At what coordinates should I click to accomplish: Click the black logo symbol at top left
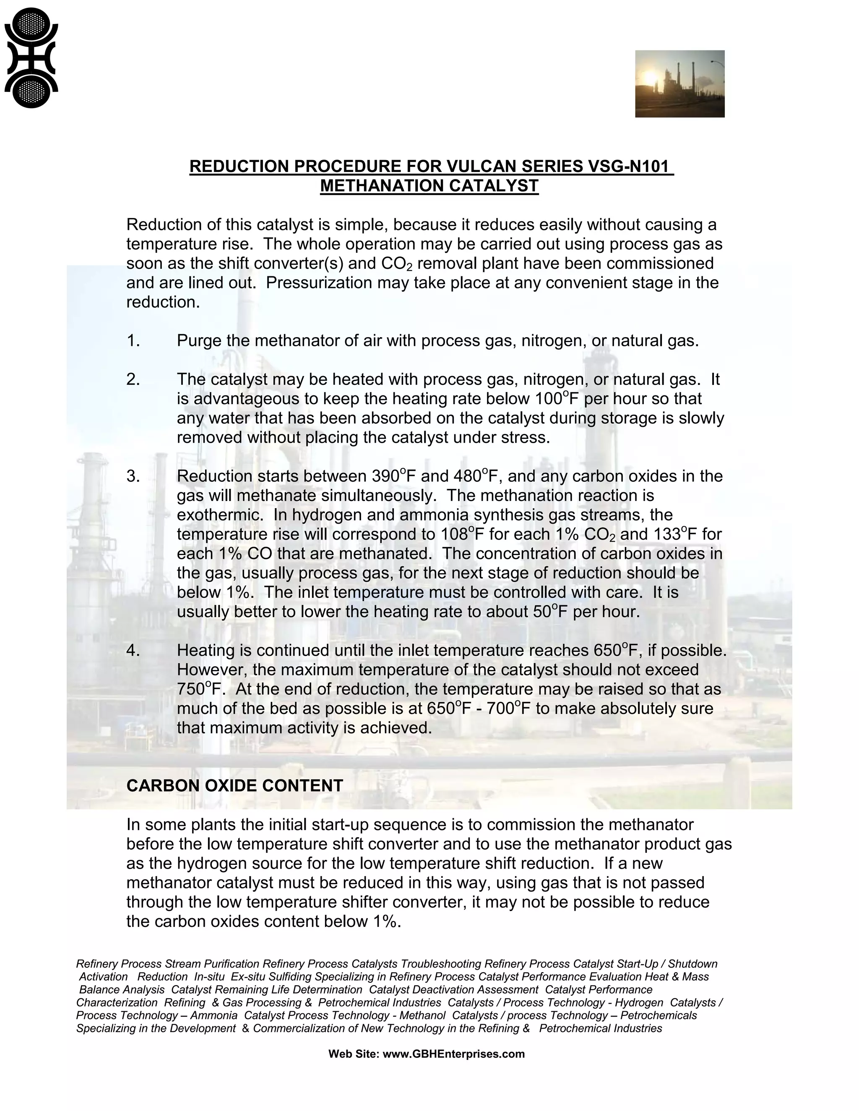(x=31, y=57)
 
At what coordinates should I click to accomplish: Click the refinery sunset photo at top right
(x=679, y=83)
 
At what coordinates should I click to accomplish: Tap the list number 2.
(x=133, y=379)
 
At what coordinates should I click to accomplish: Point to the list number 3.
(x=133, y=476)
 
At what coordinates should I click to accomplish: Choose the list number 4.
(x=133, y=650)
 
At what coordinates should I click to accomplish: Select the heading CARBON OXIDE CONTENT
(x=234, y=785)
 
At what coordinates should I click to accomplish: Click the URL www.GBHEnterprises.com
(x=453, y=1054)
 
